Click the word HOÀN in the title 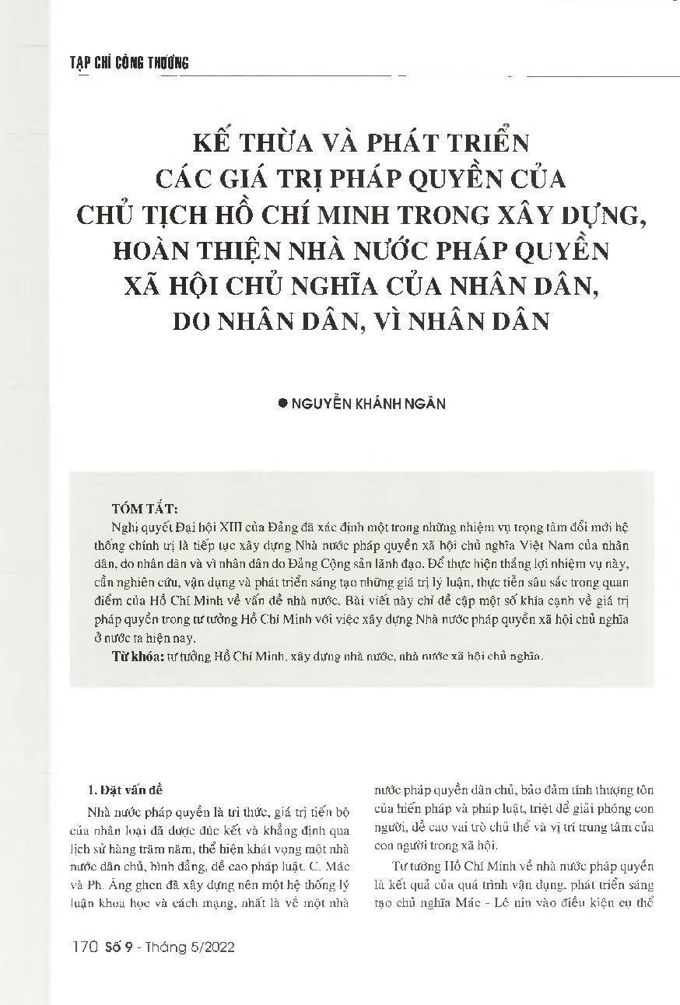(156, 251)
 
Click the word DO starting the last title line (194, 321)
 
